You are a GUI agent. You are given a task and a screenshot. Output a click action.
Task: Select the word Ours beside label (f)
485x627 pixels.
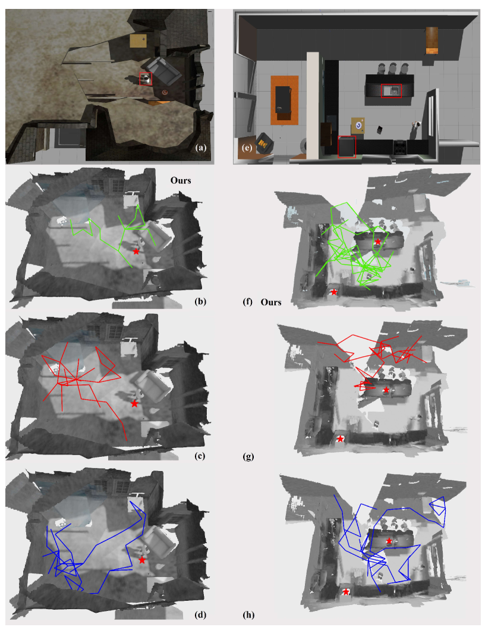click(271, 302)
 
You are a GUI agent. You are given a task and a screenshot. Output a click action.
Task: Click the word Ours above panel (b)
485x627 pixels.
click(181, 180)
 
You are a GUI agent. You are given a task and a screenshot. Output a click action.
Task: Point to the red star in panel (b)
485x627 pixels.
click(136, 252)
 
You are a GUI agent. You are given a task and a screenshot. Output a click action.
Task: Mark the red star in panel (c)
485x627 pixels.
click(135, 404)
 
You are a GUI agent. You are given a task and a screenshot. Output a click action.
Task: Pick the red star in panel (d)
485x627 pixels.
click(142, 560)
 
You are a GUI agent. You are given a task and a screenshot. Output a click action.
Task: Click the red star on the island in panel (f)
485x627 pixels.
click(377, 242)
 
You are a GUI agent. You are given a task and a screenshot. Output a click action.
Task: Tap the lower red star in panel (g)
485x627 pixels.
click(340, 438)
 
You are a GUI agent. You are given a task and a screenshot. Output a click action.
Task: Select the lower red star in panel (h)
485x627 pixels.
click(346, 592)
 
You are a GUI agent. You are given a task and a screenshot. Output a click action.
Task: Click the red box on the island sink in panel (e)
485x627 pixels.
click(391, 91)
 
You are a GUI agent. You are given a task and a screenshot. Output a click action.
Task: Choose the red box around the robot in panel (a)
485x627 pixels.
click(146, 79)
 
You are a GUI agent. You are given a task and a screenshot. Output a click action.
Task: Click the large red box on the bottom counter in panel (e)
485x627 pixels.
click(347, 147)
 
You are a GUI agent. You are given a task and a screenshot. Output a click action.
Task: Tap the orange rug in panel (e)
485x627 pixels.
click(285, 100)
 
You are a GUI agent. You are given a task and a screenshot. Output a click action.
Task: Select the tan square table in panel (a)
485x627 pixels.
click(138, 41)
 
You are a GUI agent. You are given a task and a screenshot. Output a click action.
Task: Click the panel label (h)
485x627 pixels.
click(248, 615)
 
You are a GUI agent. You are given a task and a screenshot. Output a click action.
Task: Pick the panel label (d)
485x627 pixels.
click(200, 615)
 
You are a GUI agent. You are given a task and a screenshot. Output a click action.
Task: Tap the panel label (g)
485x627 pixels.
click(248, 456)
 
